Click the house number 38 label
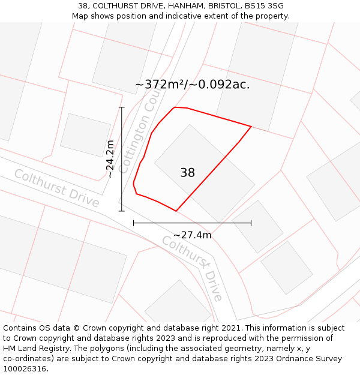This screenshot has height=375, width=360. (187, 173)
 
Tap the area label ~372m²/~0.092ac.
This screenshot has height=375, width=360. (192, 85)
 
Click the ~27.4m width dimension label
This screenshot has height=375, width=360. (192, 235)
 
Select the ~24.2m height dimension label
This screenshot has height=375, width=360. (110, 159)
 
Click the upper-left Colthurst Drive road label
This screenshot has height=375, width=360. (56, 188)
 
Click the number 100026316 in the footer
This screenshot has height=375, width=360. (25, 369)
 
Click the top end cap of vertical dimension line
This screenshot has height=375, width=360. (122, 107)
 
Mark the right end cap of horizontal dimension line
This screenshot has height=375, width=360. (251, 223)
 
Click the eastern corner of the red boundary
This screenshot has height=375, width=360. (251, 127)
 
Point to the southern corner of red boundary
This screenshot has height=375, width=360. (176, 211)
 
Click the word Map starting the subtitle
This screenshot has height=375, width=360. (80, 16)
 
